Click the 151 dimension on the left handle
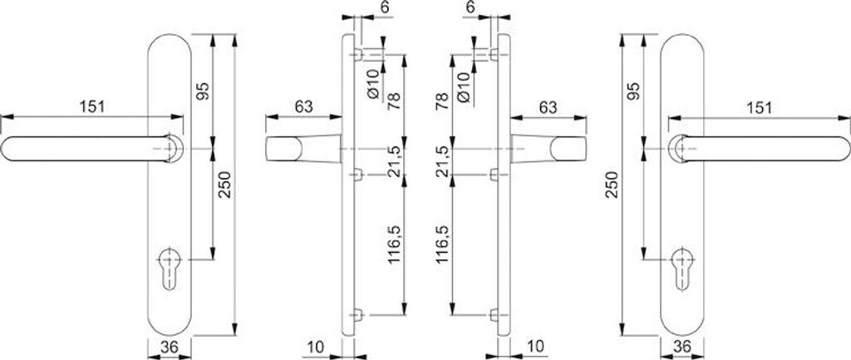coord(92,106)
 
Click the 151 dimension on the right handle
coord(759,107)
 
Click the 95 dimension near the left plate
coord(202,89)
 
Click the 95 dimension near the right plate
coord(635,90)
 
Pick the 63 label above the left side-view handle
coord(303,106)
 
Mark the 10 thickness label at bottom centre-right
coord(535,345)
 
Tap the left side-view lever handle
coord(299,150)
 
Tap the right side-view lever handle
coord(553,150)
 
